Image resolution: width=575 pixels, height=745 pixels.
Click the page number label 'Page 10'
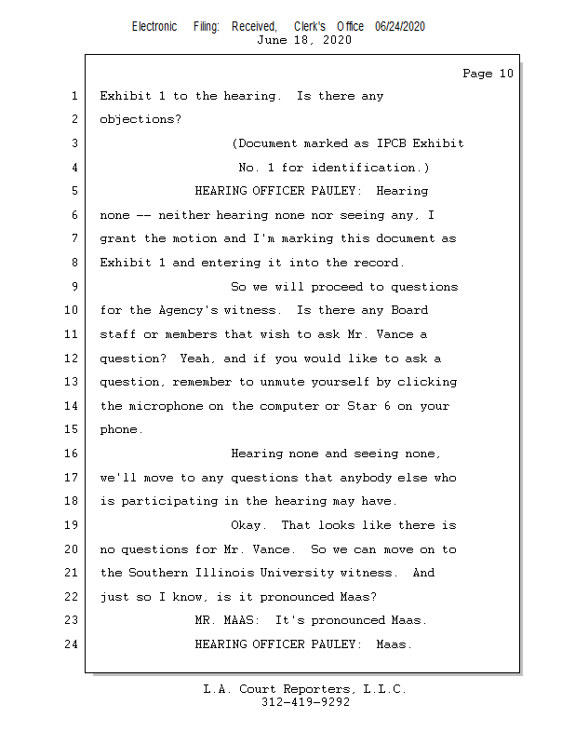point(488,74)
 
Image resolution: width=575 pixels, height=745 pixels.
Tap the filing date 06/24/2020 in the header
point(400,27)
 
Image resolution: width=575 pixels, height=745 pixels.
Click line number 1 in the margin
point(73,96)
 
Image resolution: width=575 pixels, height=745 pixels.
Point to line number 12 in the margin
point(69,359)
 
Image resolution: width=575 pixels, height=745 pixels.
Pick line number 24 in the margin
point(69,643)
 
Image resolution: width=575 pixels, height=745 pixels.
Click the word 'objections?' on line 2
point(140,120)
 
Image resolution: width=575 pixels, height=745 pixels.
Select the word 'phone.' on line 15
point(122,429)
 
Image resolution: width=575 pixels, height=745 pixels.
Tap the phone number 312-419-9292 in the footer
point(305,702)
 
